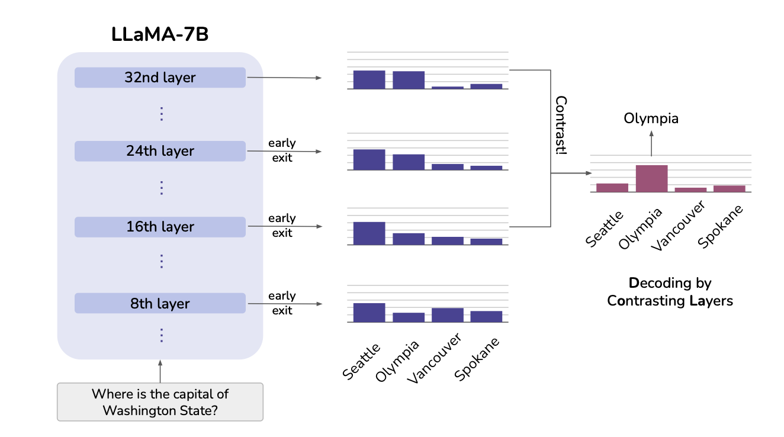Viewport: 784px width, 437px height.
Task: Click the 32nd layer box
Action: pos(160,78)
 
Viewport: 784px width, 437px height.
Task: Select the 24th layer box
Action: pos(160,151)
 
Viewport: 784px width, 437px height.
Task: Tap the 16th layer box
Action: pos(160,227)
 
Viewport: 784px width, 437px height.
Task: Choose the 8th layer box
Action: pos(160,303)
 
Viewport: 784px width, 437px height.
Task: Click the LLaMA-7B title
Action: pos(160,34)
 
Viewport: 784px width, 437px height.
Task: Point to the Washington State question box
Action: pos(160,402)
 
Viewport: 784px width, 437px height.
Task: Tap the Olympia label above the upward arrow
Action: pos(651,118)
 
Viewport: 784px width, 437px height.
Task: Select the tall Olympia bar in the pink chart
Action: pos(651,178)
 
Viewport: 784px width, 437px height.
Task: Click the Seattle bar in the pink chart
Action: pos(612,187)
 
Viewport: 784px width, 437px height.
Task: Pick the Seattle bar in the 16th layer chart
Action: pos(369,233)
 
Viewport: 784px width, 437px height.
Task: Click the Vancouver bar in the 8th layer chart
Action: pos(447,315)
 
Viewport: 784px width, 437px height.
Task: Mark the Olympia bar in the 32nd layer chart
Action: pos(409,80)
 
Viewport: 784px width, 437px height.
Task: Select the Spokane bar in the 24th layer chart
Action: pos(486,168)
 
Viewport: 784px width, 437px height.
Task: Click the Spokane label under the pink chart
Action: pos(721,227)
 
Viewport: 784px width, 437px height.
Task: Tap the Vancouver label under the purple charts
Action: pos(435,359)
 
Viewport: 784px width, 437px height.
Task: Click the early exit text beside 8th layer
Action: pos(282,303)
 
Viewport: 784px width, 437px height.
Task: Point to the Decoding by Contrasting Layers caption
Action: pos(670,292)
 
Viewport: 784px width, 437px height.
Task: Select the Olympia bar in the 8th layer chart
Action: pos(409,317)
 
